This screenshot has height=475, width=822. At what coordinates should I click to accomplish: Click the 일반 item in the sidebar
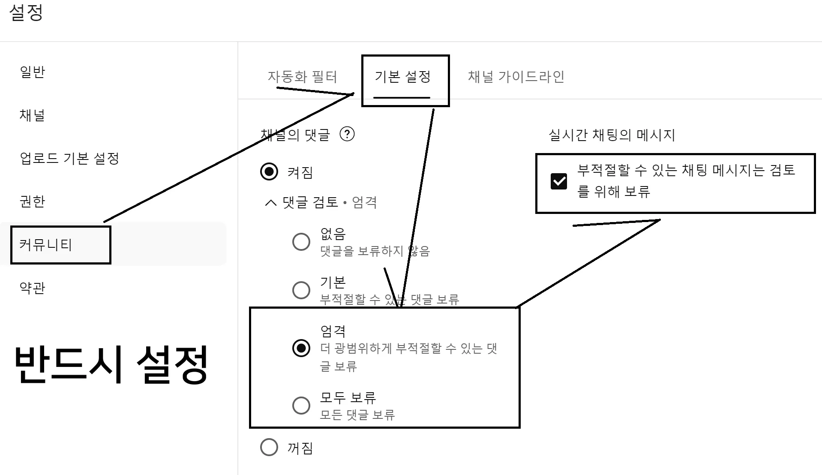pyautogui.click(x=32, y=72)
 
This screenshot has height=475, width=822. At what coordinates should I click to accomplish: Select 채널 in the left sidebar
pyautogui.click(x=32, y=115)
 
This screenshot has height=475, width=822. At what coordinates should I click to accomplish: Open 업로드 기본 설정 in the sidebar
pyautogui.click(x=69, y=158)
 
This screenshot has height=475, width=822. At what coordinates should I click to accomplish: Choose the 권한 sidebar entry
pyautogui.click(x=32, y=201)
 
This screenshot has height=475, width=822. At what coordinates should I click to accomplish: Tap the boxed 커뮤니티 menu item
pyautogui.click(x=46, y=245)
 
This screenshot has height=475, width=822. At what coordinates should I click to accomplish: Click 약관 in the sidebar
pyautogui.click(x=32, y=288)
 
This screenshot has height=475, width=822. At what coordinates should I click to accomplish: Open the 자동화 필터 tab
pyautogui.click(x=302, y=77)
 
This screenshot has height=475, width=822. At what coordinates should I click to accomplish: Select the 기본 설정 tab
pyautogui.click(x=402, y=77)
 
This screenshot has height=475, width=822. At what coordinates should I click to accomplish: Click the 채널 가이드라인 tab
pyautogui.click(x=516, y=77)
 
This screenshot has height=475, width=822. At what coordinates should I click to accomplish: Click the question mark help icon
pyautogui.click(x=347, y=134)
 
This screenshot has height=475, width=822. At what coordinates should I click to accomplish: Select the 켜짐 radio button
pyautogui.click(x=269, y=171)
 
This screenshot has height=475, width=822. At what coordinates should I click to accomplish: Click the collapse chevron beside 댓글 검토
pyautogui.click(x=271, y=202)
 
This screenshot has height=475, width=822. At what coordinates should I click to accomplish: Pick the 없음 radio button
pyautogui.click(x=301, y=242)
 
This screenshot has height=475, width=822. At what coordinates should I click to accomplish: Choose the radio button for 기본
pyautogui.click(x=301, y=290)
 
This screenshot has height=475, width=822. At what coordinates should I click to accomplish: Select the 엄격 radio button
pyautogui.click(x=301, y=348)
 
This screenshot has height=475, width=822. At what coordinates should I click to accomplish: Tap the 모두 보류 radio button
pyautogui.click(x=301, y=405)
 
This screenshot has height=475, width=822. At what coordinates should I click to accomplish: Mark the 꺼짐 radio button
pyautogui.click(x=269, y=447)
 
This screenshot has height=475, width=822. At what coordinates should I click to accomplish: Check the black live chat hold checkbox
pyautogui.click(x=558, y=181)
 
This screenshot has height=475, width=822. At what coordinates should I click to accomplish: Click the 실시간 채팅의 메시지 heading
pyautogui.click(x=612, y=135)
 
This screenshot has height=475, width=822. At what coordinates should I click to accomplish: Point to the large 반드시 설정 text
pyautogui.click(x=111, y=364)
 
